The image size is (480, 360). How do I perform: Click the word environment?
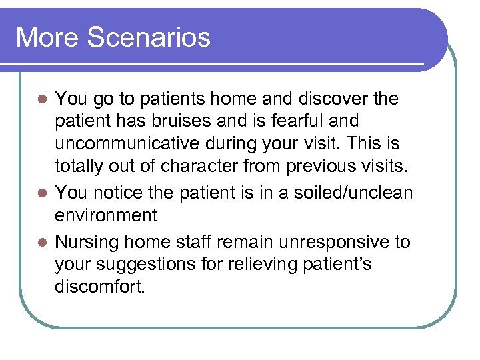pyautogui.click(x=106, y=215)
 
